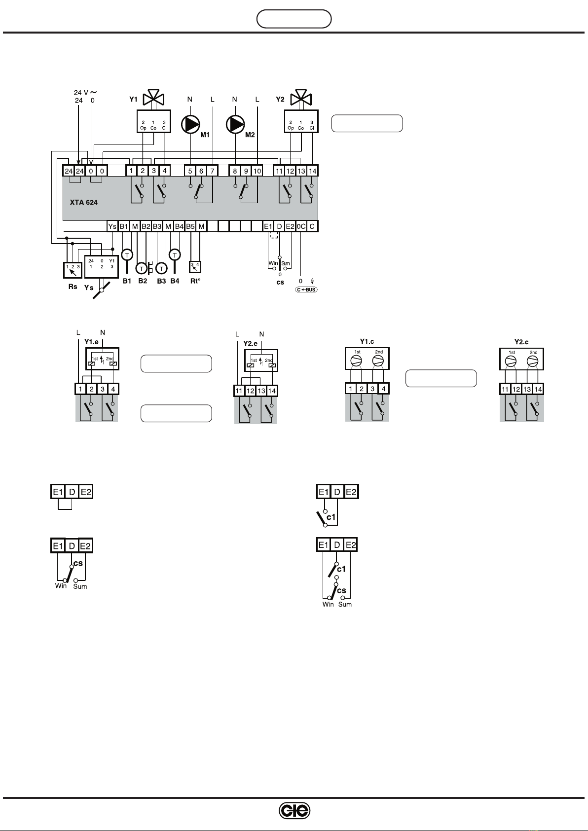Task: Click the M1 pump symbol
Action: click(x=190, y=124)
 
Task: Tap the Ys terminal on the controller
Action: click(x=112, y=226)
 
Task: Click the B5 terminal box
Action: click(x=190, y=226)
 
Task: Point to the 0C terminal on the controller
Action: click(x=301, y=226)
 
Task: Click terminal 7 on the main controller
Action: click(x=212, y=171)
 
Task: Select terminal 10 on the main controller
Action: click(x=257, y=171)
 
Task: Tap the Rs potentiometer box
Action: click(x=73, y=270)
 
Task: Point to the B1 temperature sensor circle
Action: click(x=127, y=255)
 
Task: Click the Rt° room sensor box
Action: click(x=196, y=267)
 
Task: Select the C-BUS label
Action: click(x=306, y=289)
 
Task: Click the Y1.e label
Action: click(x=92, y=341)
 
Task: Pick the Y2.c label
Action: click(x=521, y=342)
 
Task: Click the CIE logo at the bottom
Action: click(x=294, y=811)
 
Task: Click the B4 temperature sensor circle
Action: click(x=175, y=255)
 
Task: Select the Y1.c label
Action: click(x=367, y=342)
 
